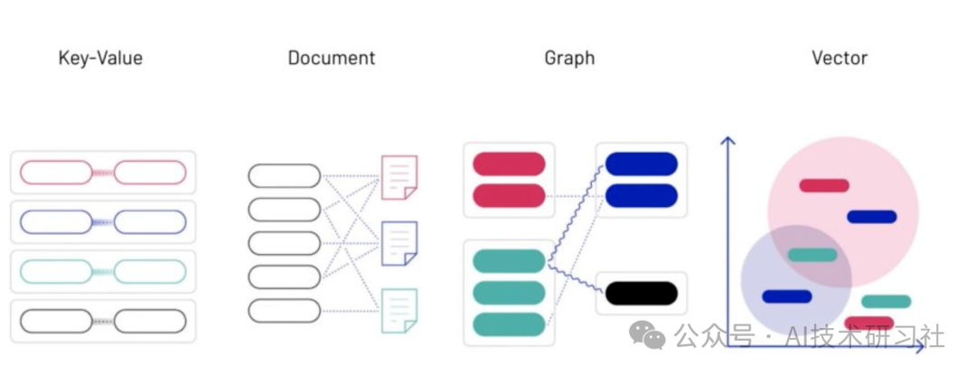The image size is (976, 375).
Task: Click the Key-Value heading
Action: coord(100,59)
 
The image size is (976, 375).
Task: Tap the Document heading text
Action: coord(331,59)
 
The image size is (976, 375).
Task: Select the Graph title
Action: coord(569,59)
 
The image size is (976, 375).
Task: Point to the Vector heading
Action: coord(839,59)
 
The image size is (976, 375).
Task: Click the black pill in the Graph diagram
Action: coord(641,293)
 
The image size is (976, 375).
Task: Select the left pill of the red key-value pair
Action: coord(56,172)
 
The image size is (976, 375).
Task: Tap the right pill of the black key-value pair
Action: coord(150,320)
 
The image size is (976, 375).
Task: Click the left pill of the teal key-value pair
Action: coord(56,270)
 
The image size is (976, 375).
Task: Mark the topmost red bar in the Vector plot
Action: coord(824,185)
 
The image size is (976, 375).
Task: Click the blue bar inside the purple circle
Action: coord(786,296)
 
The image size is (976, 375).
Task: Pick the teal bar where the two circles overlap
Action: coord(812,255)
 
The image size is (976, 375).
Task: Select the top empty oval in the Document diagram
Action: coord(284,175)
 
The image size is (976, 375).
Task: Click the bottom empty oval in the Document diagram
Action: coord(284,311)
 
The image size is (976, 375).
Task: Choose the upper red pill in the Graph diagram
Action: coord(509,164)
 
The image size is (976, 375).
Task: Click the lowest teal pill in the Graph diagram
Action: coord(509,323)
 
